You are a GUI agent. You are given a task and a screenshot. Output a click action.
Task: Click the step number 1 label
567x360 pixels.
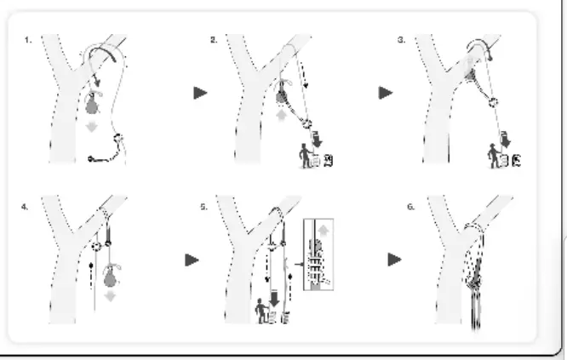28,40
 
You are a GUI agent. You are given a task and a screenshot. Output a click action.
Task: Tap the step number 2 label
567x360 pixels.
214,40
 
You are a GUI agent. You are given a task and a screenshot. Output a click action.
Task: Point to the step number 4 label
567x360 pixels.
28,205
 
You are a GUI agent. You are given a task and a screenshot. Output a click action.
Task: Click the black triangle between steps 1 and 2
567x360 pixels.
201,94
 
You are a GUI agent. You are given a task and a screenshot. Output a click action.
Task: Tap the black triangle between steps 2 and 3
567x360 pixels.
386,94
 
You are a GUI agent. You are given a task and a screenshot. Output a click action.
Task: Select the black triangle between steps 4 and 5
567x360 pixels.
192,260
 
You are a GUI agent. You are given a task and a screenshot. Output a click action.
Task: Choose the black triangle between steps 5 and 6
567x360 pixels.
394,260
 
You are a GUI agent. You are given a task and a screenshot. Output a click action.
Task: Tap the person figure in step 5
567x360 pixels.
262,312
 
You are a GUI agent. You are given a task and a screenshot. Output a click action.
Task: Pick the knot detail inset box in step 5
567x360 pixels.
318,255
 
